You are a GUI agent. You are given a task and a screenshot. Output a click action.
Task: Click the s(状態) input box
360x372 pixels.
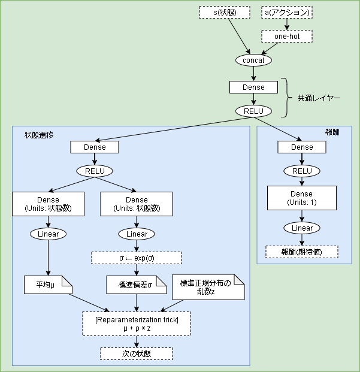coord(229,12)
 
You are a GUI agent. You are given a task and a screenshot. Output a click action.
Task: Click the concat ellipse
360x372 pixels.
coord(253,61)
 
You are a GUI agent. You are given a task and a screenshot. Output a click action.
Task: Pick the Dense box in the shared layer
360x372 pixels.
coord(253,87)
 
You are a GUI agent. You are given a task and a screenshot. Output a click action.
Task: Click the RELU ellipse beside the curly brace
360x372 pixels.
coord(253,111)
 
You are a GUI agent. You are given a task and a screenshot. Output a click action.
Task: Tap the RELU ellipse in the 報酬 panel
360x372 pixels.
coord(302,171)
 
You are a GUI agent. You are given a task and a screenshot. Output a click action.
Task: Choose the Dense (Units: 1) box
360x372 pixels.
coord(302,198)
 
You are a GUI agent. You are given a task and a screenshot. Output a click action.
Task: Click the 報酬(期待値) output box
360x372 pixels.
coord(302,252)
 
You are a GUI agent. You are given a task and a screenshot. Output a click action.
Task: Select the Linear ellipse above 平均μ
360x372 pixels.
coord(48,234)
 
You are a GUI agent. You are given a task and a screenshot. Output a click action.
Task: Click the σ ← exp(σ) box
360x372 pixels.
coord(136,258)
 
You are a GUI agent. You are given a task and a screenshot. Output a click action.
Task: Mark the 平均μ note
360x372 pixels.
coord(48,285)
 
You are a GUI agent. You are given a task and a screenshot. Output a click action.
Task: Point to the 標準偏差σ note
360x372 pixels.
coord(136,285)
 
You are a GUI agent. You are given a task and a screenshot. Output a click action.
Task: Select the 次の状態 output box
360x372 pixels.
coord(136,353)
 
